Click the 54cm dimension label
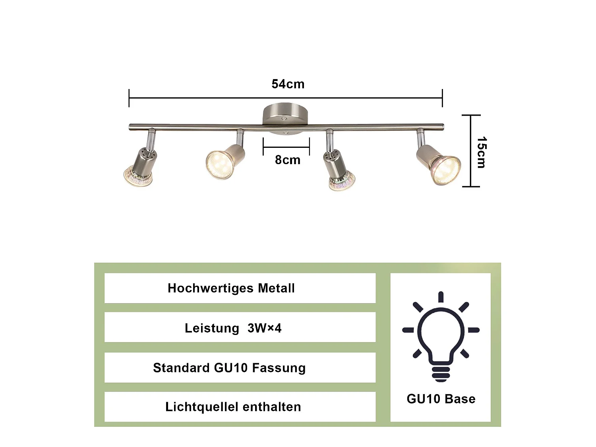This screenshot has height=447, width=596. tap(288, 84)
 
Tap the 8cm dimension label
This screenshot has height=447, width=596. tap(288, 160)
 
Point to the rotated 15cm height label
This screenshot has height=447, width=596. tap(482, 152)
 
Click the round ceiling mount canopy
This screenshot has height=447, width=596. tap(285, 118)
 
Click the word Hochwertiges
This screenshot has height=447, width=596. tap(211, 288)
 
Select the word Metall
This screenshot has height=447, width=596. tap(276, 288)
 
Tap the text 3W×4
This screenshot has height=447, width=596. tap(264, 328)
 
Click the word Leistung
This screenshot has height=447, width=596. tap(212, 329)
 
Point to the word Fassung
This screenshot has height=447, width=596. tap(279, 368)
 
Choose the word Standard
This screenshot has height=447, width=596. tap(181, 368)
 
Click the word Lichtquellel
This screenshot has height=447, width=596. tap(202, 407)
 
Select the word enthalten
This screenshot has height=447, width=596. tap(272, 407)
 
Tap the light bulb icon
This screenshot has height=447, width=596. tap(441, 337)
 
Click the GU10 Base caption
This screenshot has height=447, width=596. tap(441, 399)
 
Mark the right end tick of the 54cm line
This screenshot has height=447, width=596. tap(442, 98)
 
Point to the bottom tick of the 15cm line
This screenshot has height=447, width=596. tap(471, 186)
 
